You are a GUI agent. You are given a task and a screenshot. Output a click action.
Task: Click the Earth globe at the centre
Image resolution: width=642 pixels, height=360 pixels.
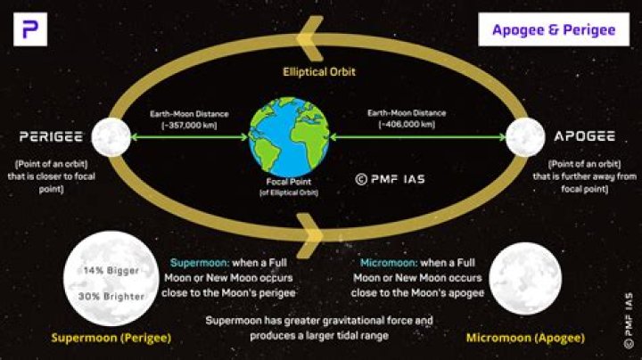tap(286, 137)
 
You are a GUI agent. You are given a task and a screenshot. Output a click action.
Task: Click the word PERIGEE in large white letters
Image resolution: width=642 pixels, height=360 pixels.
tap(51, 138)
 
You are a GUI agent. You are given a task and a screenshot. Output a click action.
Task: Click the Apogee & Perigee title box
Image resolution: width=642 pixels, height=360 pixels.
tap(554, 29)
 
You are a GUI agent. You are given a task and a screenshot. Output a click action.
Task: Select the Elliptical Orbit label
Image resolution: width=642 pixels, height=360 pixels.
tap(319, 71)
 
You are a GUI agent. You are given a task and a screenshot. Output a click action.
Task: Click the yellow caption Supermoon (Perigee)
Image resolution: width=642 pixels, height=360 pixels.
tap(111, 339)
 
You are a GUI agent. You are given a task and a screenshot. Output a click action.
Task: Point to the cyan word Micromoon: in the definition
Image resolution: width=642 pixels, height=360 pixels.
tap(390, 264)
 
